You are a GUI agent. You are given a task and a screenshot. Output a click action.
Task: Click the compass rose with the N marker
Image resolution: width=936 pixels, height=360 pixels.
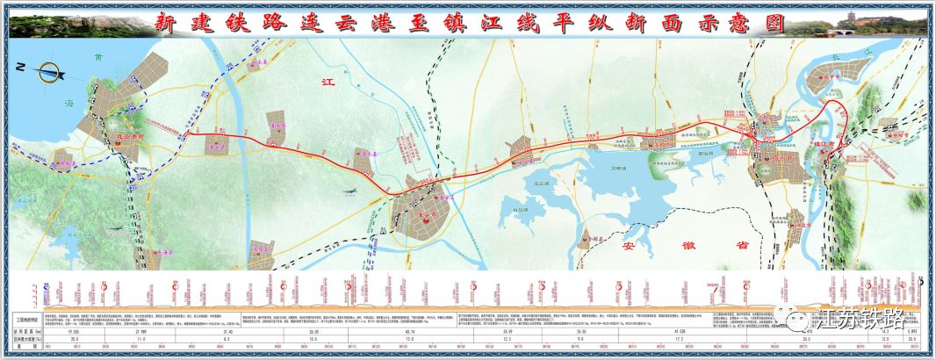coord(44,70)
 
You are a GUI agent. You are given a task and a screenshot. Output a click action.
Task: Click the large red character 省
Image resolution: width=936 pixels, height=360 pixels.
coord(744,247)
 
